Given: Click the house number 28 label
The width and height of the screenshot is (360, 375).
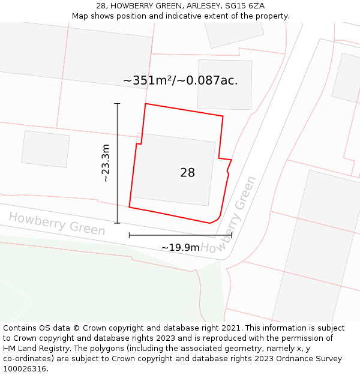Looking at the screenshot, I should (187, 173).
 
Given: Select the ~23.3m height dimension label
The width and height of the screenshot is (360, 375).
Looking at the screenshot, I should (106, 163).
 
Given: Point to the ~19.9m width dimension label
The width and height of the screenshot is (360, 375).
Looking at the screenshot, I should (180, 247).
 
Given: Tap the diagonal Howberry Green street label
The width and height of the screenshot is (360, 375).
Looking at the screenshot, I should (229, 214).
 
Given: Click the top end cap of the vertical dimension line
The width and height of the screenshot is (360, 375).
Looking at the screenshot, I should (117, 104).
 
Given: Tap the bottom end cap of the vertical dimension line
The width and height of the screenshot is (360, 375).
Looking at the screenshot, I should (117, 223).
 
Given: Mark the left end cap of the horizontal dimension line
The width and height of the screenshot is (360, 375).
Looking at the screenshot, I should (129, 235).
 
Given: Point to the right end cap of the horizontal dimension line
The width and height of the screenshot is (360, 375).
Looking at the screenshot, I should (231, 235).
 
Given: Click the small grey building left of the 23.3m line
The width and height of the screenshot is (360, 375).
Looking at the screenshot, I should (46, 149).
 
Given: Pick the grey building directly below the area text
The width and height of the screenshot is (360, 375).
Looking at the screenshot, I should (224, 84).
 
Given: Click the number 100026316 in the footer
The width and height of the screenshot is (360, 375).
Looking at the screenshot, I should (25, 368).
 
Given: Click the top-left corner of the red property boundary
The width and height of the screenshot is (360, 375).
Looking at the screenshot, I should (146, 104).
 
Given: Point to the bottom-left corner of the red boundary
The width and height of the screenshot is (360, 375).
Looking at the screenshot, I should (129, 208).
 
